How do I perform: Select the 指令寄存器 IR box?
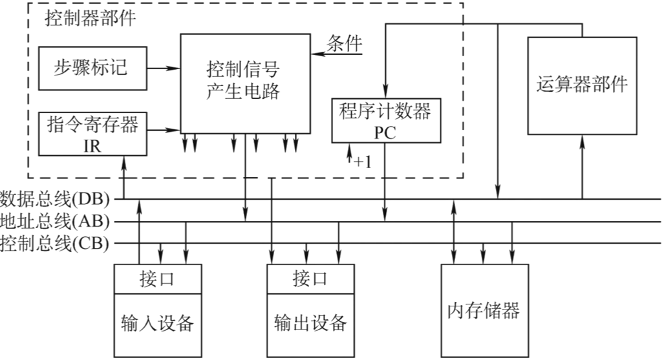coord(93,134)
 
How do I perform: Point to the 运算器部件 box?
coord(582,85)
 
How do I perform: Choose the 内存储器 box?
coord(484,310)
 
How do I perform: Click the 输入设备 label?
coord(158,323)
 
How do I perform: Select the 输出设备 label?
coord(311,323)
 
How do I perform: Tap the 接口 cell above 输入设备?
coord(158,279)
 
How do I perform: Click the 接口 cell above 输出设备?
coord(311,279)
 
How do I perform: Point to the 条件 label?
coord(344,43)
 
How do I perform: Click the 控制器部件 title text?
coord(90,17)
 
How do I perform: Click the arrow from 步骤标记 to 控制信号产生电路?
coord(164,68)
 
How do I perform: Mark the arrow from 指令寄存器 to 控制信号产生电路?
coord(164,131)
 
